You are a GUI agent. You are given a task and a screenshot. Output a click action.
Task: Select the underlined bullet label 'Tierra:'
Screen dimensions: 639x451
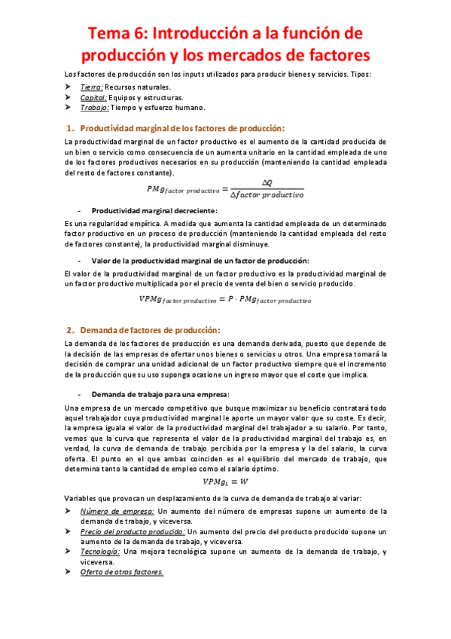93,87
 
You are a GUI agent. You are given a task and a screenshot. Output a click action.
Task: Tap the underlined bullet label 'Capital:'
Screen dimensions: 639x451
94,97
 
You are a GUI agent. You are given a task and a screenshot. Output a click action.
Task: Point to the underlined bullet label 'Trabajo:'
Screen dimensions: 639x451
95,107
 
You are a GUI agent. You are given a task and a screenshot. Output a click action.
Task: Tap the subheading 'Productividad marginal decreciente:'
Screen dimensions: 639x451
154,210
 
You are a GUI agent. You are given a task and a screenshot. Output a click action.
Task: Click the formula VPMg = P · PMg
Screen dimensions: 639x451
225,299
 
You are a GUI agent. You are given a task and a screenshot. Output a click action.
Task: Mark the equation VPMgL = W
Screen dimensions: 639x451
225,482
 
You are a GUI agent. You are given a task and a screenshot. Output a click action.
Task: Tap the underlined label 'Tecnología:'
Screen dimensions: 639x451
100,552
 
